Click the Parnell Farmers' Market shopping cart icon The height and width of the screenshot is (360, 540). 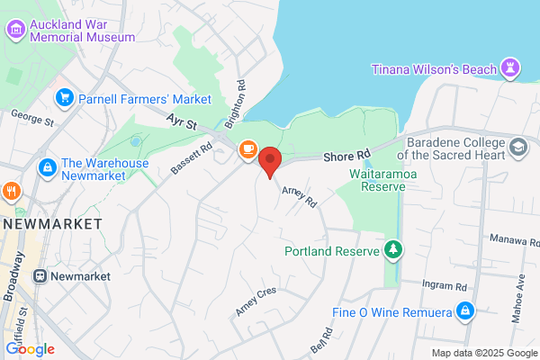point(64,98)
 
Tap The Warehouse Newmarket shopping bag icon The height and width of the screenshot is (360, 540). point(46,167)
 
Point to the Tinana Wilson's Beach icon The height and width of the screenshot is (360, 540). point(511,69)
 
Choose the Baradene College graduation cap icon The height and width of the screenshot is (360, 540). point(518,147)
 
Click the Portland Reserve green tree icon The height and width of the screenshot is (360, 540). point(392,249)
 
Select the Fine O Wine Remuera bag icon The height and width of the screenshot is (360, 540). point(464,311)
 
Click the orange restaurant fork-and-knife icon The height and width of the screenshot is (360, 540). point(11,191)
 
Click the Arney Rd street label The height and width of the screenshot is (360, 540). point(301,196)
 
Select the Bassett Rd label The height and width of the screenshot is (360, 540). point(191,160)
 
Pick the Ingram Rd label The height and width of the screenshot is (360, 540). point(447,286)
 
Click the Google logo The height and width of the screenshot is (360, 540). point(30,349)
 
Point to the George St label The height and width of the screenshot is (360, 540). point(32,118)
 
